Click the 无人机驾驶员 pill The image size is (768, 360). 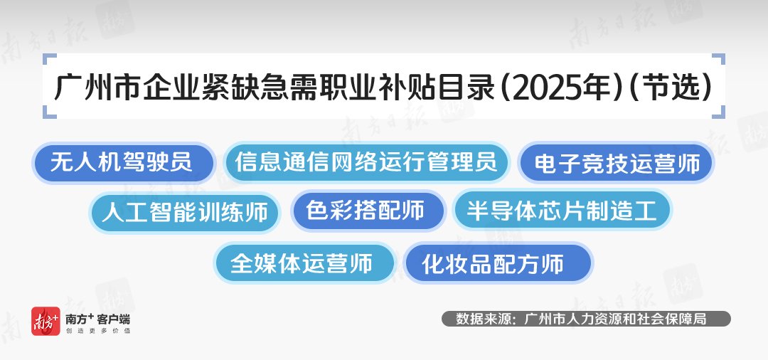coord(124,163)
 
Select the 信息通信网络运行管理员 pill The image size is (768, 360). coord(367,163)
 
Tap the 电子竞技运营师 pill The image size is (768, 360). coord(616,163)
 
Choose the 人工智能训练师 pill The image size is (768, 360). coord(185,213)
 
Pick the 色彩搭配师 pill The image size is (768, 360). coord(368,211)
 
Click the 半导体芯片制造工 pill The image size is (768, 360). coord(562,211)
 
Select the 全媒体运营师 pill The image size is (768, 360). coord(304,263)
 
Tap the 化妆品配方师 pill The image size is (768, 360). coord(498,263)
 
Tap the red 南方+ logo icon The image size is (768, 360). coord(46,322)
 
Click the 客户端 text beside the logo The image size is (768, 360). coord(114,319)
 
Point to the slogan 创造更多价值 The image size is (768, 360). coord(97,331)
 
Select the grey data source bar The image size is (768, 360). coord(586,319)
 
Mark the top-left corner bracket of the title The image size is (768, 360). coord(48,59)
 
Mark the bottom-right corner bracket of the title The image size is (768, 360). coord(719,112)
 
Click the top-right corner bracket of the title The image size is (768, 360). coord(719,59)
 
